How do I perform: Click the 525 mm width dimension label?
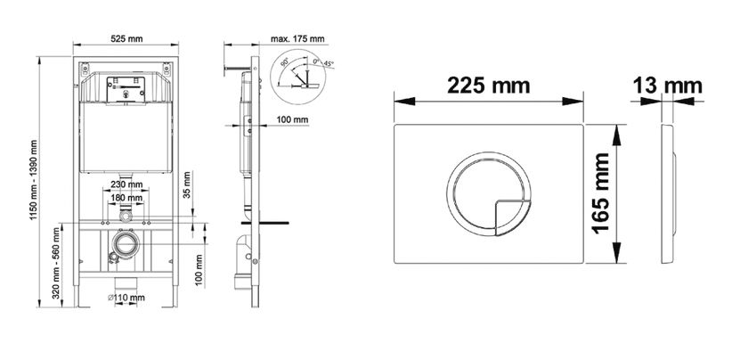tap(126, 38)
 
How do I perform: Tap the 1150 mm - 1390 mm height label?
tap(34, 180)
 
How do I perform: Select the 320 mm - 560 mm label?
tap(56, 263)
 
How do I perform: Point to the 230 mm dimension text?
tap(126, 184)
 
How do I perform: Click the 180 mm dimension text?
tap(126, 198)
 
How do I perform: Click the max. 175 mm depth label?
tap(297, 38)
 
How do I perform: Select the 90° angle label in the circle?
tap(285, 61)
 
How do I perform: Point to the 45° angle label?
tap(329, 63)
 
